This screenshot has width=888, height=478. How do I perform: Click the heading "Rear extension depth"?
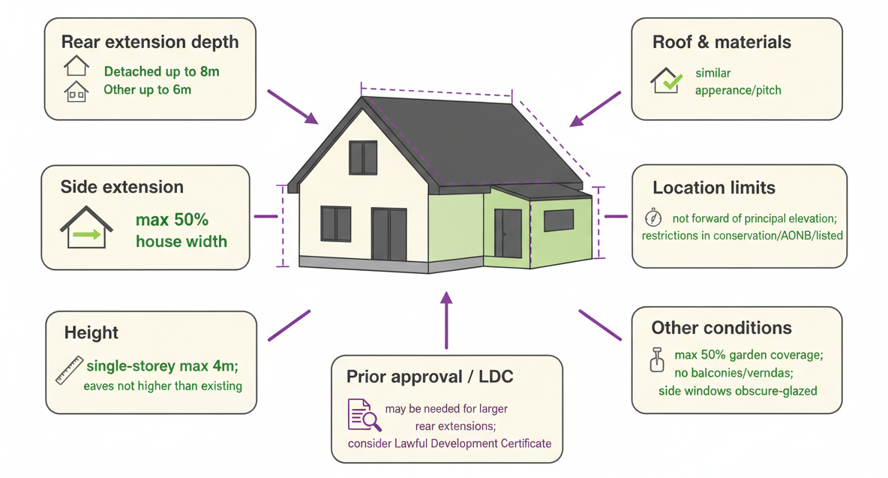[x=150, y=43]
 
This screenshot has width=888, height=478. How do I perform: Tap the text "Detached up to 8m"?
[x=161, y=71]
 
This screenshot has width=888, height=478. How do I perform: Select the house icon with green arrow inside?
[x=86, y=227]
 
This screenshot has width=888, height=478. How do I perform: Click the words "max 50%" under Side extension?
[x=172, y=220]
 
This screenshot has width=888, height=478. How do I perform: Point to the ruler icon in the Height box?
[x=69, y=371]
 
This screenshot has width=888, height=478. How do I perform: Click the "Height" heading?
[x=91, y=332]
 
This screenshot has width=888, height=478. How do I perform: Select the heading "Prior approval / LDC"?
[x=430, y=377]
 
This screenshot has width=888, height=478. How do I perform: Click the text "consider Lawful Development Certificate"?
[x=450, y=443]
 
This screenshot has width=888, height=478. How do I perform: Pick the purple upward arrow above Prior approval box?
[x=447, y=320]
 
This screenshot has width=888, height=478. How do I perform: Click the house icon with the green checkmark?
[x=666, y=80]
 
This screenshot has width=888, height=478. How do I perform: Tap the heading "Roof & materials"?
[x=721, y=43]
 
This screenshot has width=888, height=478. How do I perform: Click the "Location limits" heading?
[x=713, y=188]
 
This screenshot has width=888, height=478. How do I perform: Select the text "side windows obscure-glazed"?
[x=737, y=391]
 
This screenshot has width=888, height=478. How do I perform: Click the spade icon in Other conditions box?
[x=657, y=359]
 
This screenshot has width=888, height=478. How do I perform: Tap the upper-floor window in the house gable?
[x=363, y=158]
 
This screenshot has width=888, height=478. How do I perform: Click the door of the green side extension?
[x=508, y=233]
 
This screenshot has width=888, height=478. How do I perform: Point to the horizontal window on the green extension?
[x=559, y=221]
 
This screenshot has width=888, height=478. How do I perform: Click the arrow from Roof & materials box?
[x=595, y=109]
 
